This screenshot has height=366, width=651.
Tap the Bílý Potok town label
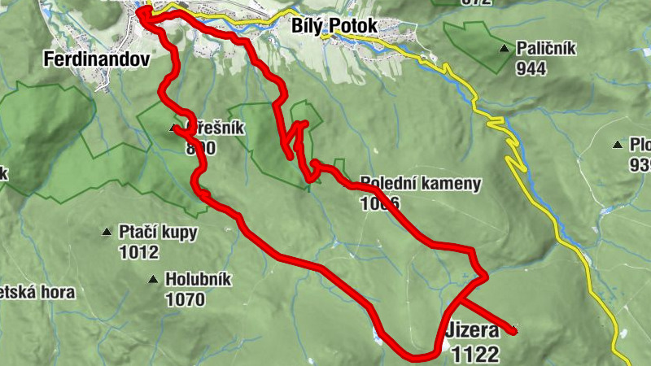point(334,26)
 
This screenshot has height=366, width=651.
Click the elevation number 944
point(531,68)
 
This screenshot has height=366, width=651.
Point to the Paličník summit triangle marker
point(505,50)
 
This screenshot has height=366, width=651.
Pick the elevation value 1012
point(138,252)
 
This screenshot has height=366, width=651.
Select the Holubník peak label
point(198,280)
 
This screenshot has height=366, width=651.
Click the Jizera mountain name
point(472,332)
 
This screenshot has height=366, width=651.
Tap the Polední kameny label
point(420,184)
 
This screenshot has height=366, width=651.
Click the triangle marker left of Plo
point(618,146)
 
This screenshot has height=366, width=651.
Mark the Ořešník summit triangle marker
point(173,129)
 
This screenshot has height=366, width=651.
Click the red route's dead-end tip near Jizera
point(513,330)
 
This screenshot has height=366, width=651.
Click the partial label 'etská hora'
point(37,292)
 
